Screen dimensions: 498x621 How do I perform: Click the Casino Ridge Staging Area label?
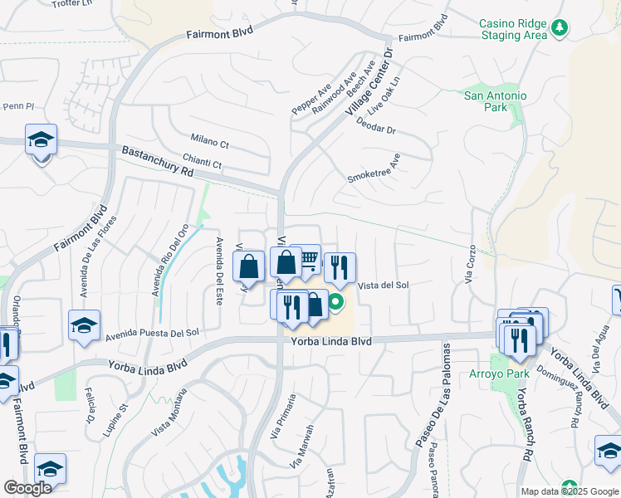tap(513, 30)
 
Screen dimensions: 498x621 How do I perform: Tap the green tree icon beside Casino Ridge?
tap(560, 29)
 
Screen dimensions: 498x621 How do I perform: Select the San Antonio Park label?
tap(495, 101)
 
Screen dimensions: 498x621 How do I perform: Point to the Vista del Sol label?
tap(384, 285)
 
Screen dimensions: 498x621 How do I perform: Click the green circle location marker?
tap(336, 302)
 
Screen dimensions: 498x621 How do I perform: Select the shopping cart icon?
tap(308, 260)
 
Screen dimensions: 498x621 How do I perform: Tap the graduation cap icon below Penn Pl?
tap(40, 141)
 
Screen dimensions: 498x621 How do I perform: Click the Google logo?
tap(27, 487)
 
